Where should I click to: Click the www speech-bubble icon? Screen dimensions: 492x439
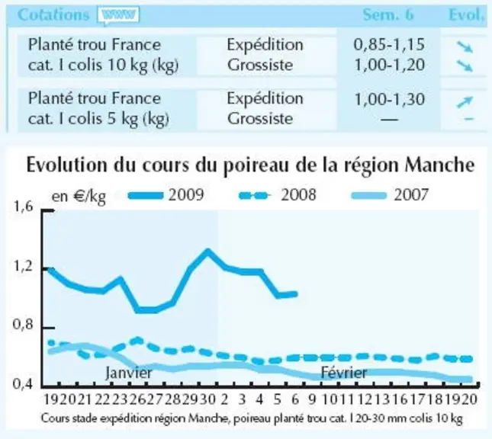[118, 15]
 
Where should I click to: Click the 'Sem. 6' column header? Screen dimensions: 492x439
[388, 14]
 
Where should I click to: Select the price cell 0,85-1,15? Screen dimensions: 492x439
[389, 44]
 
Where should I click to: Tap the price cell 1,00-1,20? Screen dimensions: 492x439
[389, 65]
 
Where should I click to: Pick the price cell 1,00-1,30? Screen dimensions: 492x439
[389, 99]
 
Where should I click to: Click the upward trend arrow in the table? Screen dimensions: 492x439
[465, 102]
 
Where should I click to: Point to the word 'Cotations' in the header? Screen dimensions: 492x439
[53, 14]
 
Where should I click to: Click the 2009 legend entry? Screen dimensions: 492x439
[166, 195]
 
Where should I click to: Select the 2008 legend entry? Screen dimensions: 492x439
[278, 195]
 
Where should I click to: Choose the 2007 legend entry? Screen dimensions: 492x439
[390, 195]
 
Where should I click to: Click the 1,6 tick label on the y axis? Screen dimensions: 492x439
[23, 207]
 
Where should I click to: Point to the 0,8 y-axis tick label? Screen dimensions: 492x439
[23, 324]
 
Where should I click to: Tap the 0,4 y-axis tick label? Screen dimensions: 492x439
[23, 383]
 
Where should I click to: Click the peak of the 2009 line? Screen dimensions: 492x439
[207, 252]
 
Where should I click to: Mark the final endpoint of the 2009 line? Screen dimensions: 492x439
[295, 294]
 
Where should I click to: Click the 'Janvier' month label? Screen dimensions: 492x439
[129, 373]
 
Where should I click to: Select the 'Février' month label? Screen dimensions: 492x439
[344, 373]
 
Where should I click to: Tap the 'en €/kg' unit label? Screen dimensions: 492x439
[79, 197]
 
